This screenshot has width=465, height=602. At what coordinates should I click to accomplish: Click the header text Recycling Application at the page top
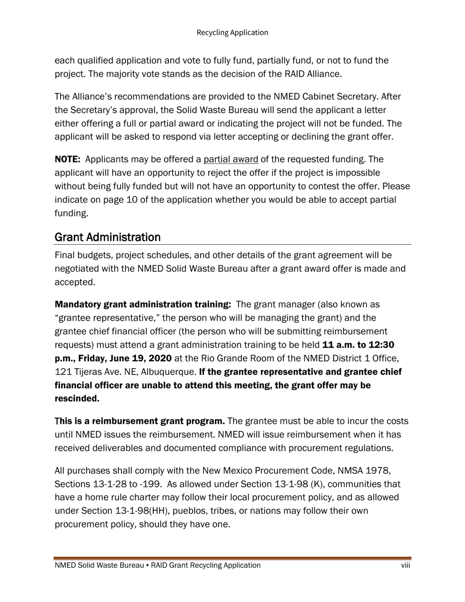(232, 33)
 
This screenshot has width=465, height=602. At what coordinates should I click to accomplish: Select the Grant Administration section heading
(107, 237)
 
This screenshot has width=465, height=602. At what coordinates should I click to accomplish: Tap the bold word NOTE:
(68, 160)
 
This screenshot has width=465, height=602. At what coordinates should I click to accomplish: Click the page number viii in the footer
(405, 565)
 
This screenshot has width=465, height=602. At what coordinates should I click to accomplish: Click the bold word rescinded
(77, 398)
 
